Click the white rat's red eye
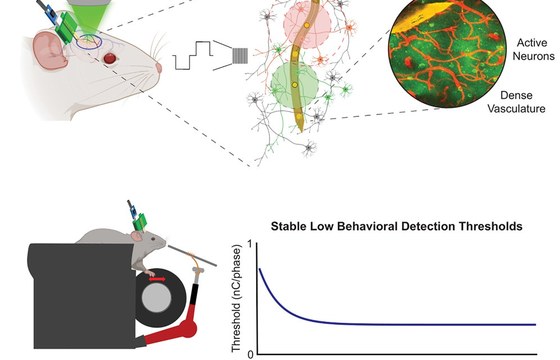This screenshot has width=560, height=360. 110,58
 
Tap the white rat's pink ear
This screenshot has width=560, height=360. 49,50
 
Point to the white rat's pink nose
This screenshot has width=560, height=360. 159,68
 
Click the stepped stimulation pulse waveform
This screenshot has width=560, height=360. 193,55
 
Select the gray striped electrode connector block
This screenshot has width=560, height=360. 240,56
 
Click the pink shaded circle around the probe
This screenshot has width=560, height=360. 307,24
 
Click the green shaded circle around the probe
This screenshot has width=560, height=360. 295,85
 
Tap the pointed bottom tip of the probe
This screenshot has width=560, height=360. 301,131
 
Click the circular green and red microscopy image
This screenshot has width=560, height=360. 447,50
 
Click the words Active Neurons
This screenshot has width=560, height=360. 533,49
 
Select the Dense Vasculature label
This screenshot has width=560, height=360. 516,102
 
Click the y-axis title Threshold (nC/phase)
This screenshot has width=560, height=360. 236,298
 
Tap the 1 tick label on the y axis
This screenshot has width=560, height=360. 250,244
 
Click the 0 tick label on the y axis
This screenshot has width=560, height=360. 250,355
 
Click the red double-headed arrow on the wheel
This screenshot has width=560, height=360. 157,279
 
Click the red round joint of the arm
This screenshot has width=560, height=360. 188,329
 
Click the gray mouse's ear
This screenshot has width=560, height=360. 136,236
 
